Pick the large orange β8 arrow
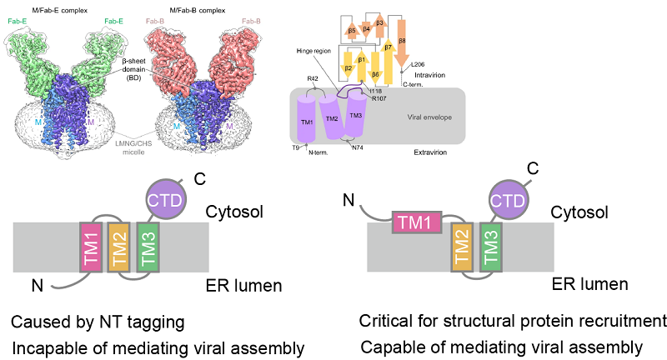tap(402, 42)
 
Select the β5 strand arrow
tap(353, 31)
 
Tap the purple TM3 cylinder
tap(355, 117)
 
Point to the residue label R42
tap(313, 78)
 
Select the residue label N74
tap(358, 147)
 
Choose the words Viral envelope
tap(429, 117)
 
